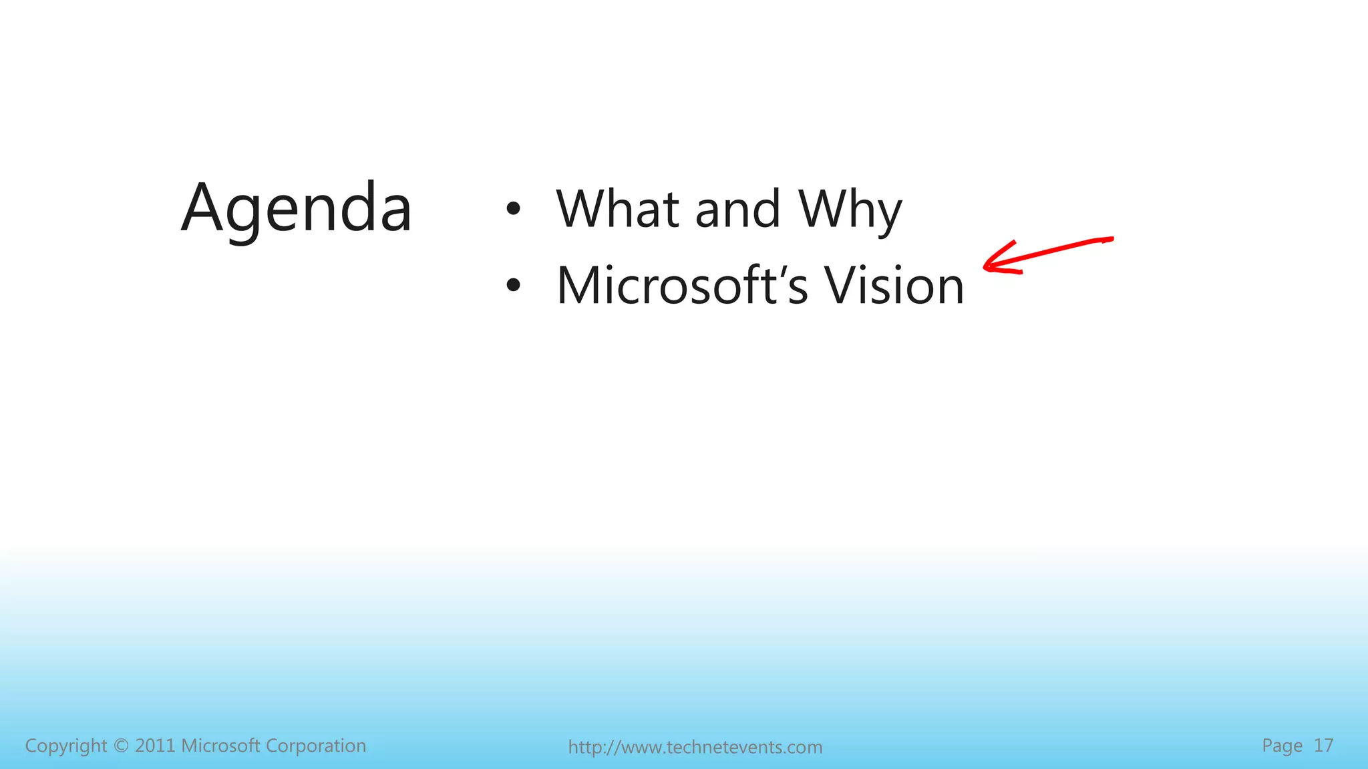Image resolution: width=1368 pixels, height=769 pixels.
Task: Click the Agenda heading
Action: tap(297, 208)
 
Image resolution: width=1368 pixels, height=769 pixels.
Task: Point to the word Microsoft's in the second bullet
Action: tap(682, 286)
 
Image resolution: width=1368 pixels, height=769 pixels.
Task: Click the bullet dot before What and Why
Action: tap(513, 209)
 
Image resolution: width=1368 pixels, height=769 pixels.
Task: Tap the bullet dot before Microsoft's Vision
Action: tap(513, 286)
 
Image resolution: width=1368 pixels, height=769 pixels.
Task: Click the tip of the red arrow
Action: tap(985, 268)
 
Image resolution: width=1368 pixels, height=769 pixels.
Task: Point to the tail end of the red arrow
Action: tap(1111, 239)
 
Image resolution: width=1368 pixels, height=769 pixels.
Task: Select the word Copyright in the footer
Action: tap(65, 746)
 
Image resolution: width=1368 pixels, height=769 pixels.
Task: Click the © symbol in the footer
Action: tap(121, 746)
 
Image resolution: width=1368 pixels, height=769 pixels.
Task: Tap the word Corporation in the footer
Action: tap(315, 746)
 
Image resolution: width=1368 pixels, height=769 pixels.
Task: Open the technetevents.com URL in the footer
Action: tap(695, 747)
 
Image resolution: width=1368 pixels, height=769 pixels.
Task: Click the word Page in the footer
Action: tap(1282, 746)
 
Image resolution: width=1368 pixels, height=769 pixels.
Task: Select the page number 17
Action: tap(1323, 746)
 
